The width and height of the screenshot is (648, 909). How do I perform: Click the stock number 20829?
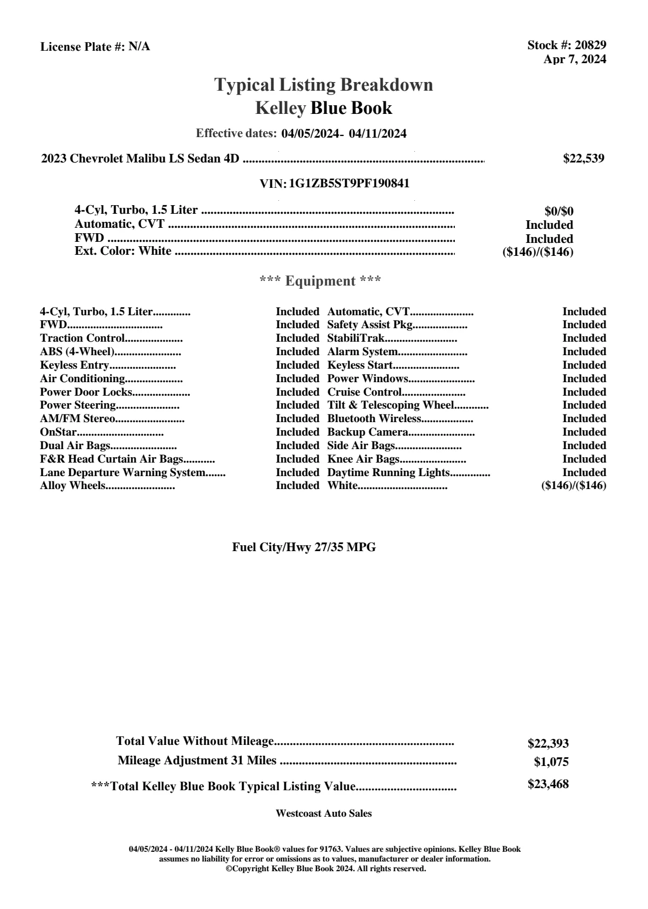pos(590,45)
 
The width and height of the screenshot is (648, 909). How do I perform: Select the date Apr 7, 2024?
pos(575,59)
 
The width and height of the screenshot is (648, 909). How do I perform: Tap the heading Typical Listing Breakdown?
pos(324,85)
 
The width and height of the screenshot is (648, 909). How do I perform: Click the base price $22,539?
pos(583,158)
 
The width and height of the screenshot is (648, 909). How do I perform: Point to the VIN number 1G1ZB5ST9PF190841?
pos(349,184)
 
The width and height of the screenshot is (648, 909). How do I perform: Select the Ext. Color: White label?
pos(123,251)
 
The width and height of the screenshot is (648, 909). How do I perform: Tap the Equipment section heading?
pos(320,281)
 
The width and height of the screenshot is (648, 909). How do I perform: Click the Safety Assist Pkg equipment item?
pos(370,325)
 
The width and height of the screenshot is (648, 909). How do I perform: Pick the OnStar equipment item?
pos(58,432)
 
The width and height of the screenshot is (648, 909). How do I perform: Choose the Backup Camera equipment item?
pos(367,432)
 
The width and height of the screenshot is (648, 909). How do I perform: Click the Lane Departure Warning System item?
pos(122,473)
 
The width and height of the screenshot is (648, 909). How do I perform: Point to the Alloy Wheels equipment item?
pos(72,486)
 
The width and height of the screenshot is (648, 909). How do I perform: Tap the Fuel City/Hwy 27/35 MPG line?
pos(304,547)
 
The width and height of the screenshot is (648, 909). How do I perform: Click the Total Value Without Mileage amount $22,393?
pos(548,744)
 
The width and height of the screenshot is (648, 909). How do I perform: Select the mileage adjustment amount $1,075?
pos(551,762)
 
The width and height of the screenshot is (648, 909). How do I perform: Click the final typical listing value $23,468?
pos(548,784)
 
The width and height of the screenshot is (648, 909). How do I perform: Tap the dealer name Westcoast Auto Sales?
pos(323,813)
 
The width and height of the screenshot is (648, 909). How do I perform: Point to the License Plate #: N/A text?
pos(95,47)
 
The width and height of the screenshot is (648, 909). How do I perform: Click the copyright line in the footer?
pos(325,869)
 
